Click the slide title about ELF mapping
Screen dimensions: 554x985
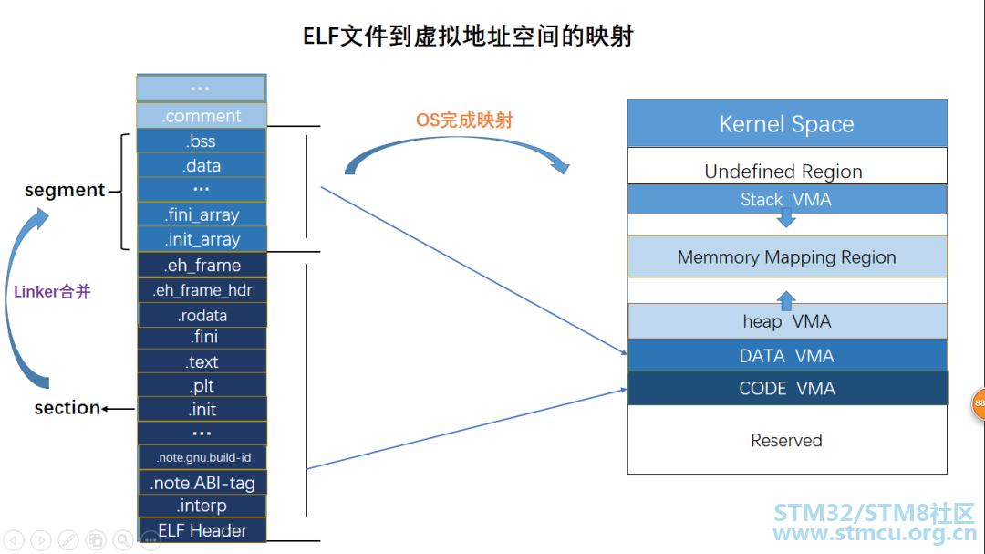click(468, 36)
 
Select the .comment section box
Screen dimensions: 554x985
click(202, 116)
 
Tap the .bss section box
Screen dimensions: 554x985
click(202, 141)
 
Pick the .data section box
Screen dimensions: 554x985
click(202, 166)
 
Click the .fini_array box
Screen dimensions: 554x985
click(202, 215)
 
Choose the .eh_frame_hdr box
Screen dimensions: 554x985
click(202, 290)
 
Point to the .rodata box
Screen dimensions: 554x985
click(202, 315)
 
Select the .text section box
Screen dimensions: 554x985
click(202, 361)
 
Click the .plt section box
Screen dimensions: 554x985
click(202, 385)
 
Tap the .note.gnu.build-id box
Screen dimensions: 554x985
click(202, 457)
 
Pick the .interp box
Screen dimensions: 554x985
click(202, 506)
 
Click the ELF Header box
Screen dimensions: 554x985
click(202, 530)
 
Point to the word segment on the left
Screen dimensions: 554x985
click(65, 190)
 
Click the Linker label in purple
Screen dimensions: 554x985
click(52, 292)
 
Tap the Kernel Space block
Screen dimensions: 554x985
click(786, 124)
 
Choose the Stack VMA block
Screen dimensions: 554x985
click(786, 199)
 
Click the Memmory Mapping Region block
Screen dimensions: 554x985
click(786, 257)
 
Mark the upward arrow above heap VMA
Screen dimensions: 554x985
click(786, 299)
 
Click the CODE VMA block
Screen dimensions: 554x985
click(786, 389)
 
